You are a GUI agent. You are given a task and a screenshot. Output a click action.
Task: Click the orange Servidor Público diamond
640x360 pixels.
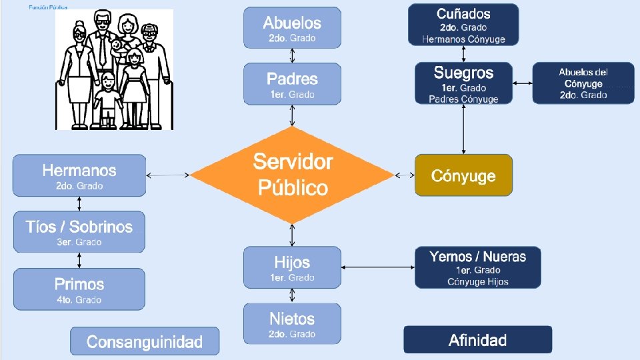click(292, 175)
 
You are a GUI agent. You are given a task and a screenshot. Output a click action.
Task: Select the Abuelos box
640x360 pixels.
click(292, 28)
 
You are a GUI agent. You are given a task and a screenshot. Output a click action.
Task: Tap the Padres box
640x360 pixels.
click(292, 84)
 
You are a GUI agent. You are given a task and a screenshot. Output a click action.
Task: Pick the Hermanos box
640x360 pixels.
click(79, 175)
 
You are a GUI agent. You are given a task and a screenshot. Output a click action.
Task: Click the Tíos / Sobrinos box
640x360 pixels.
click(79, 232)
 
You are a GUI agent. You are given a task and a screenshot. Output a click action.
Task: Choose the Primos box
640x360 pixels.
click(79, 289)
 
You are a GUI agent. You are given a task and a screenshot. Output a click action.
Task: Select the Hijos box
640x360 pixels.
click(292, 267)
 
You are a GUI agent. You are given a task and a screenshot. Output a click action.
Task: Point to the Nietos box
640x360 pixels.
click(292, 323)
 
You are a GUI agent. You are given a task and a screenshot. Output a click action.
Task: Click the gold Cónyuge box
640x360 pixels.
click(463, 175)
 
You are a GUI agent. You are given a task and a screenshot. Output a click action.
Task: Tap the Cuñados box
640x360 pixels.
click(463, 25)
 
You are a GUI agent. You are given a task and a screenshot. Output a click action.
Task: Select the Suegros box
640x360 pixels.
click(463, 83)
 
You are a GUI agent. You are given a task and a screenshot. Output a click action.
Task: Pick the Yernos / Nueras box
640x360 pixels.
click(477, 267)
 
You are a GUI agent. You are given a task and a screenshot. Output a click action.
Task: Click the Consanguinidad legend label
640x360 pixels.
click(145, 341)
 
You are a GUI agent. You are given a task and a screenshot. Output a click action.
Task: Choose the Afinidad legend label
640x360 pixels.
click(477, 340)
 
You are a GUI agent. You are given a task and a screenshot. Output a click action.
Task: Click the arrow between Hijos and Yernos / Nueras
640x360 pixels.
click(378, 267)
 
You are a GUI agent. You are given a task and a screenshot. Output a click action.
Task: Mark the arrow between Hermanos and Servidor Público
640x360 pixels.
click(168, 175)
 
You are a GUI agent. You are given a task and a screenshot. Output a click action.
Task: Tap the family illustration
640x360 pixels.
click(114, 69)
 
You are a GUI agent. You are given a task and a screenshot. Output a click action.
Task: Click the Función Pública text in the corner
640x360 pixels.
click(47, 7)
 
